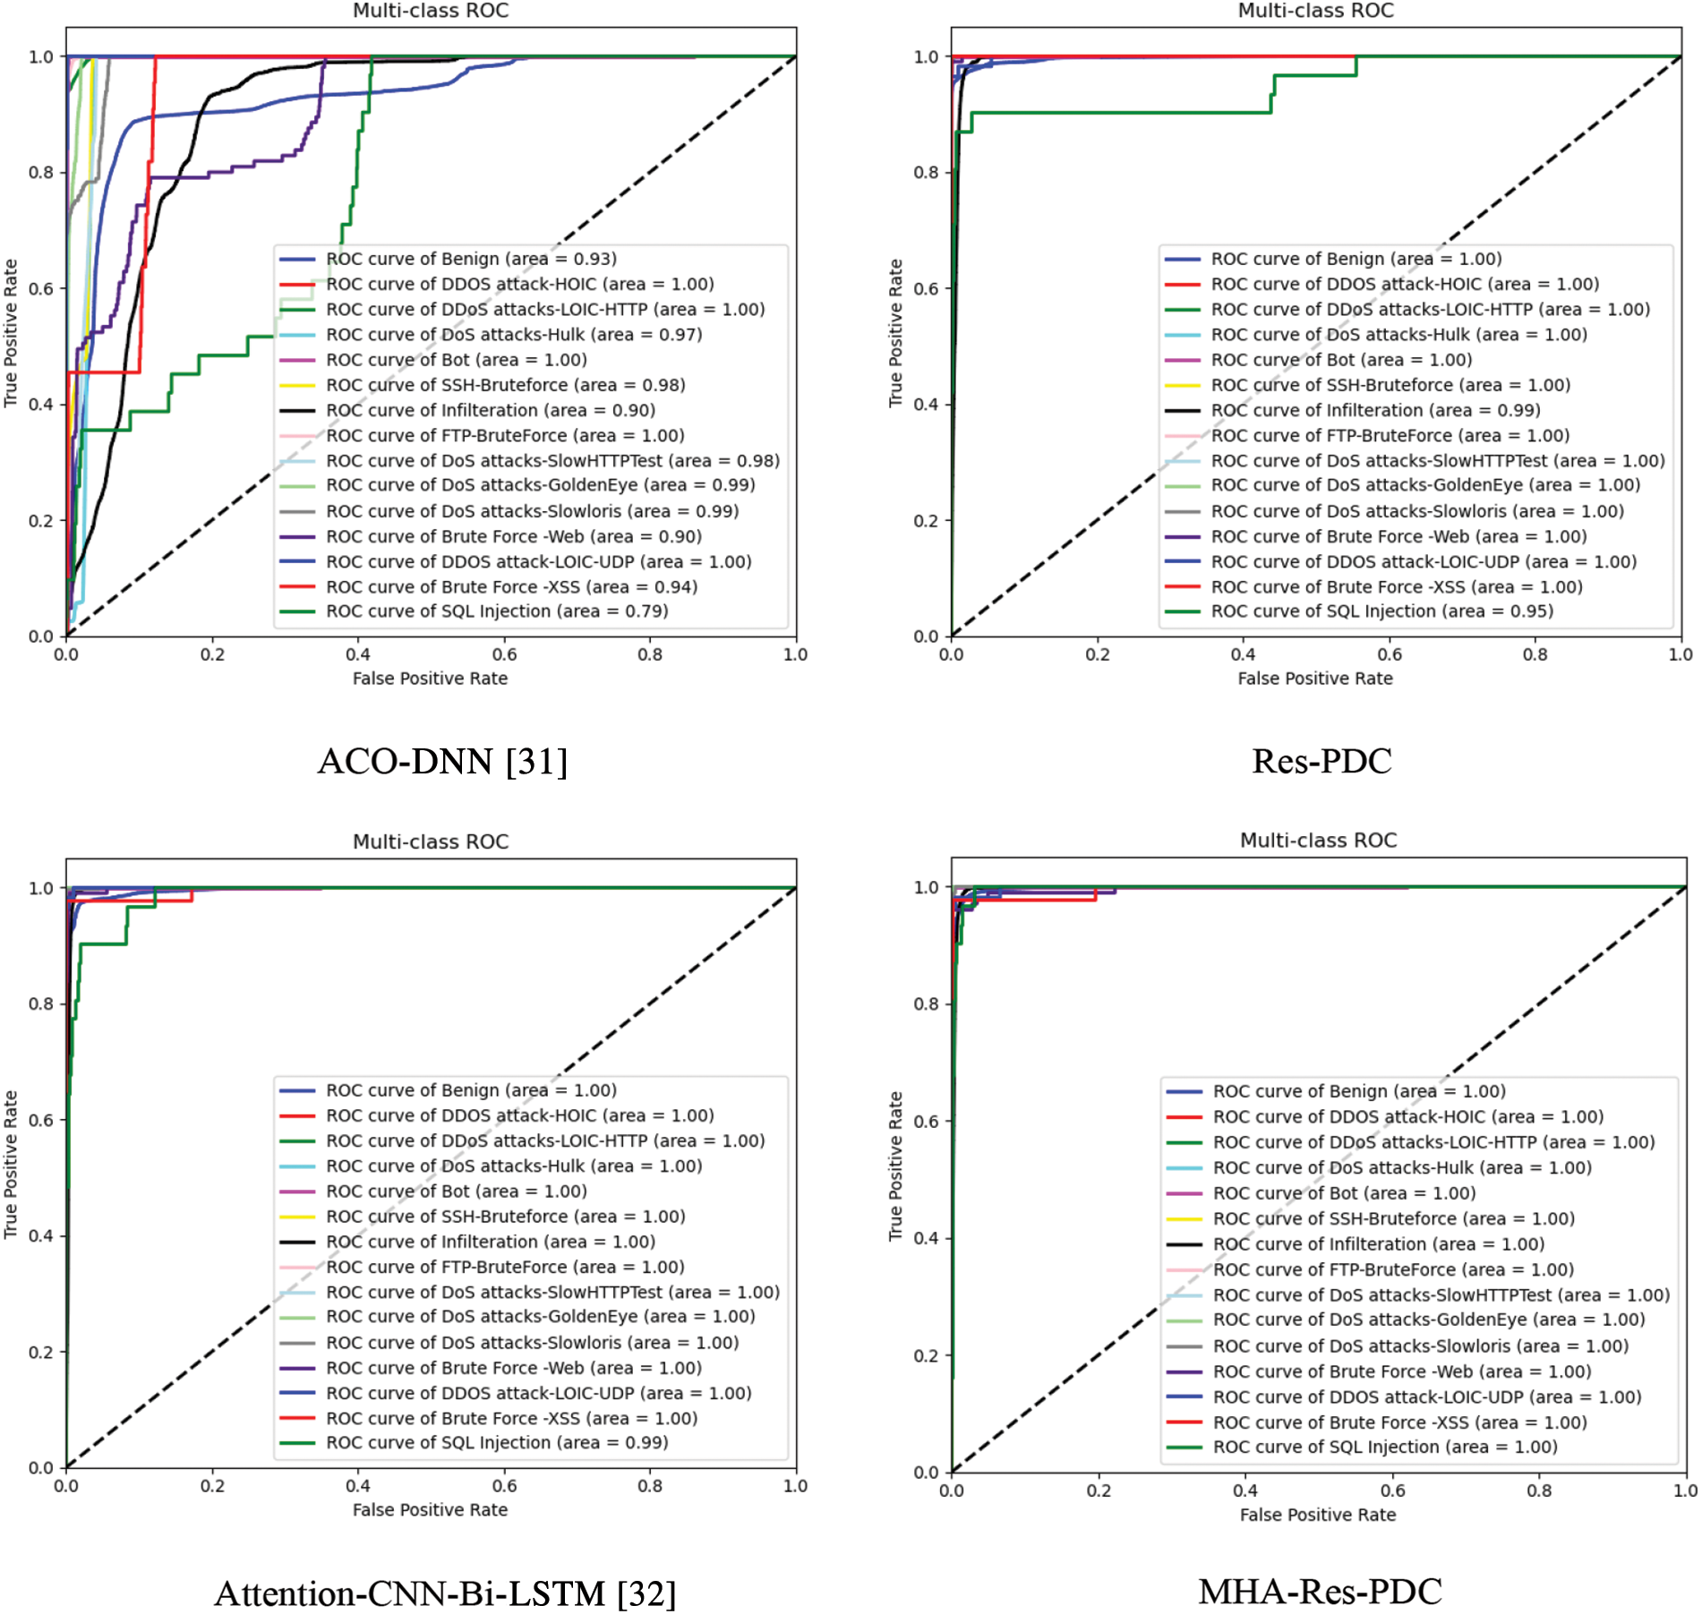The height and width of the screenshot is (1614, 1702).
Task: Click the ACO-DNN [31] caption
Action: coord(442,762)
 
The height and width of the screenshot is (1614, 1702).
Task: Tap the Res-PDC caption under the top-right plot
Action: coord(1321,761)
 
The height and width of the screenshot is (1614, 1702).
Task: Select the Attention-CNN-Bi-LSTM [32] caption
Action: coord(445,1593)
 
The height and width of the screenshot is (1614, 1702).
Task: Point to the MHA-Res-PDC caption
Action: coord(1320,1592)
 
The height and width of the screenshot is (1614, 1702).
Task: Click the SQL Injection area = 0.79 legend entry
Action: coord(497,611)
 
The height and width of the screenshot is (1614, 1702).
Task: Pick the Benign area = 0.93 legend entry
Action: coord(471,259)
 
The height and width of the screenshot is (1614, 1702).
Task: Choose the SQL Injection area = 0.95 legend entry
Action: coord(1381,611)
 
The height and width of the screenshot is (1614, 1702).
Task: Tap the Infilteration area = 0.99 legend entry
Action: coord(1375,410)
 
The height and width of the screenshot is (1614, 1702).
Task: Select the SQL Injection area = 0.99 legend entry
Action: coord(497,1443)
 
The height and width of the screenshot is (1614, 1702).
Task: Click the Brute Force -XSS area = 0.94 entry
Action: coord(511,587)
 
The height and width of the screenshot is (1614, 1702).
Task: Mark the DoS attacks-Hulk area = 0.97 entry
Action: coord(514,335)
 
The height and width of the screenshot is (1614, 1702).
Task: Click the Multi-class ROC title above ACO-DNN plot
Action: coord(431,11)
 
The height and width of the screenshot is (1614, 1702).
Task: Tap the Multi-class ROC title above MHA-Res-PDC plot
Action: coord(1318,841)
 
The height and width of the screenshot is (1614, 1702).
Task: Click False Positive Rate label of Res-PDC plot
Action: coord(1315,679)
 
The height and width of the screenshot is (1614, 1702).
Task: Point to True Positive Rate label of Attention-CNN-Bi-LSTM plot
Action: coord(11,1165)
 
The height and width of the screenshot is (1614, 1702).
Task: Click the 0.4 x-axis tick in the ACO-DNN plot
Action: coord(358,654)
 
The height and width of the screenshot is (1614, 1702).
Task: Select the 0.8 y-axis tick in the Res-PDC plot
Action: coord(926,172)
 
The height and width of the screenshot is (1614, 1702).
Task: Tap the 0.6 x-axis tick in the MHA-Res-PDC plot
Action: coord(1392,1490)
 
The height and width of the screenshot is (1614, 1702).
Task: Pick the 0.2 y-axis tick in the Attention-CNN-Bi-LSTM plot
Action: coord(41,1352)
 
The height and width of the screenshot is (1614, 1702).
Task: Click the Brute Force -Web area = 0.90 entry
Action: coord(514,537)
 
